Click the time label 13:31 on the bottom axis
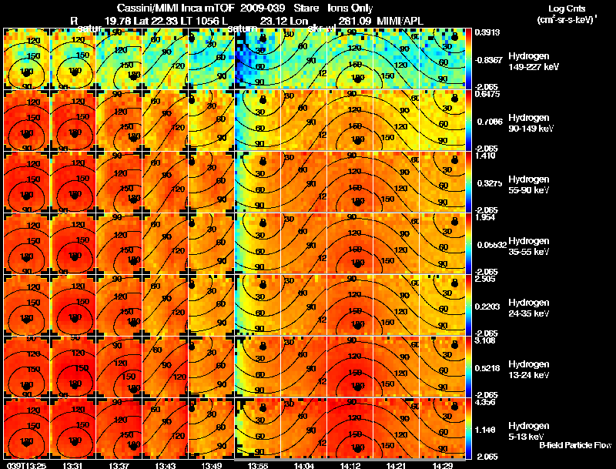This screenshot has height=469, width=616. click(x=73, y=465)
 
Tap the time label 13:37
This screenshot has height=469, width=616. click(x=120, y=465)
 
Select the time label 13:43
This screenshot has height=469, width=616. click(x=165, y=465)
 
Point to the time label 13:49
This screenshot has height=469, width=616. click(x=211, y=465)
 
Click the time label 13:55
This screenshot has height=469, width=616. click(x=258, y=465)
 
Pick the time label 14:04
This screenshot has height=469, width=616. click(x=303, y=465)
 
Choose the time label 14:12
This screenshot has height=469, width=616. click(x=350, y=465)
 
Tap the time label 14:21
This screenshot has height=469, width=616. click(x=396, y=465)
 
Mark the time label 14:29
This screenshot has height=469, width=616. click(x=442, y=465)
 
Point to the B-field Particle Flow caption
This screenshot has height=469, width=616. click(x=574, y=445)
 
